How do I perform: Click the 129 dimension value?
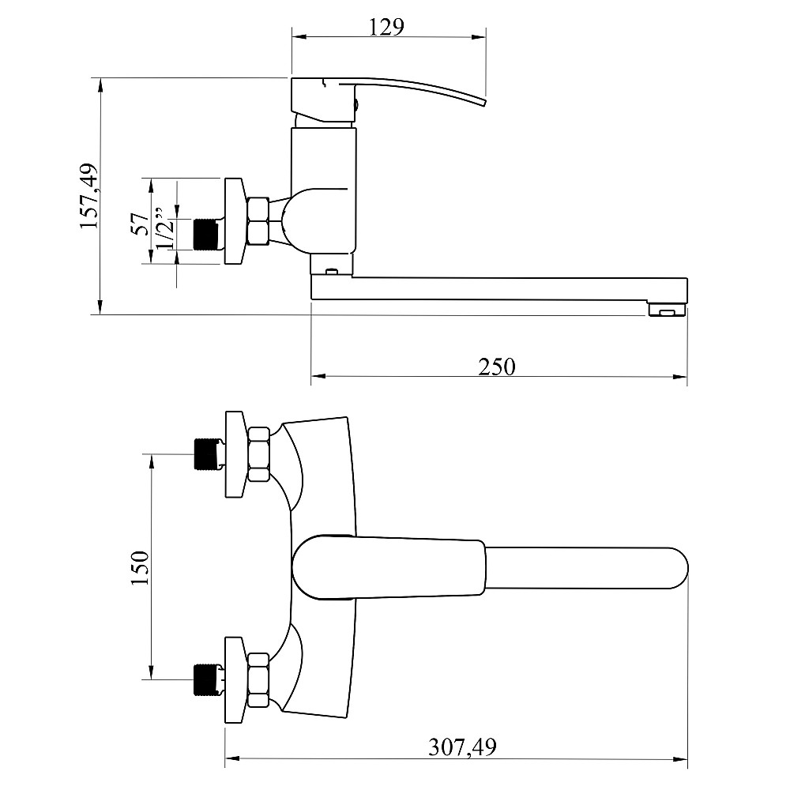[x=386, y=27]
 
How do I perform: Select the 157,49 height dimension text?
[x=89, y=196]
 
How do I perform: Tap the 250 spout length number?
[x=497, y=367]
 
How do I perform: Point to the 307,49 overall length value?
[x=462, y=747]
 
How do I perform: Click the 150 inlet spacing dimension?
[x=140, y=568]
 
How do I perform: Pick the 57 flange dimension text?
[x=140, y=224]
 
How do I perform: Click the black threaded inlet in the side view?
[x=205, y=235]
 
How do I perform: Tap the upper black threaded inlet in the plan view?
[x=205, y=454]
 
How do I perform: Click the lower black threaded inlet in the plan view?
[x=205, y=679]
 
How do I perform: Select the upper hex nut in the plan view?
[x=258, y=454]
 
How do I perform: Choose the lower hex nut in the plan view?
[x=258, y=680]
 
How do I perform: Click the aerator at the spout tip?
[x=667, y=309]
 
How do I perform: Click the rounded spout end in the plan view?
[x=678, y=568]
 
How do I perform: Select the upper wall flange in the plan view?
[x=235, y=454]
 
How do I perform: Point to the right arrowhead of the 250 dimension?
[x=680, y=376]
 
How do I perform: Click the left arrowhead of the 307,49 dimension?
[x=232, y=758]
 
